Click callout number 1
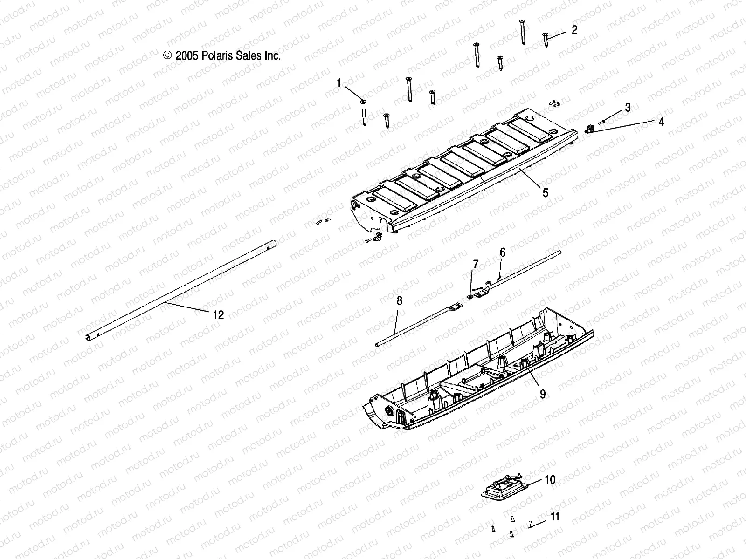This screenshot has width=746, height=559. coord(352,83)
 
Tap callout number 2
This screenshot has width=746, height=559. coord(574,30)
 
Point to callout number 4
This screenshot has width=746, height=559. coord(661,122)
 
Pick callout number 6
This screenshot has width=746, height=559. coord(502,252)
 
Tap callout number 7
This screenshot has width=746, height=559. coord(475,265)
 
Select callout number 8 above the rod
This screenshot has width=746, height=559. coord(399,301)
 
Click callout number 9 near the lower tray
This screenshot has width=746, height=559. coord(542,394)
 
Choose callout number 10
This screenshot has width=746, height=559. coord(550,479)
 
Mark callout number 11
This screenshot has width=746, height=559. coord(555,516)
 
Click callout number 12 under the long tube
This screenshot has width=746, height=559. coord(218,315)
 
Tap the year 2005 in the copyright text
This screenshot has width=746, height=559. coord(186,56)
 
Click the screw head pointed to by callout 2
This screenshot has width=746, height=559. coord(545,35)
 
